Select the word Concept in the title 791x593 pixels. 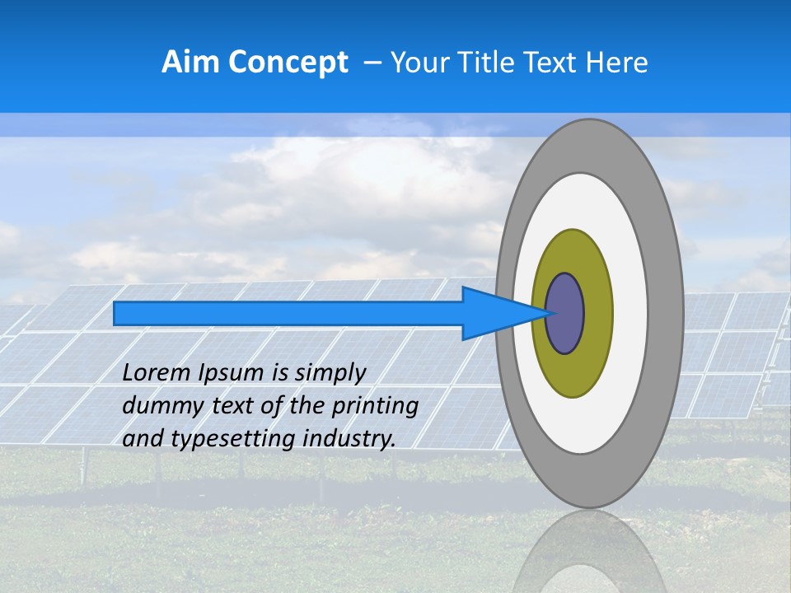[287, 63]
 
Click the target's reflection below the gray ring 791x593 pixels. [589, 552]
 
